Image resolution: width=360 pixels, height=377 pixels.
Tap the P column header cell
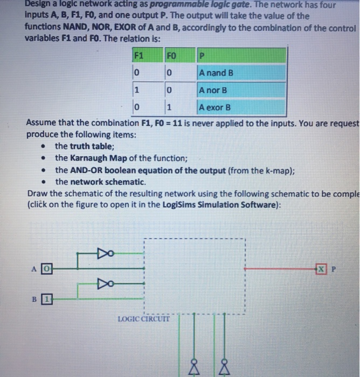pos(240,55)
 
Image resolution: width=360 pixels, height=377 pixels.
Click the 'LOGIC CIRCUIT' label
pos(143,319)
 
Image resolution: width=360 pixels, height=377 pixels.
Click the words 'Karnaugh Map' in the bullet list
pos(102,158)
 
